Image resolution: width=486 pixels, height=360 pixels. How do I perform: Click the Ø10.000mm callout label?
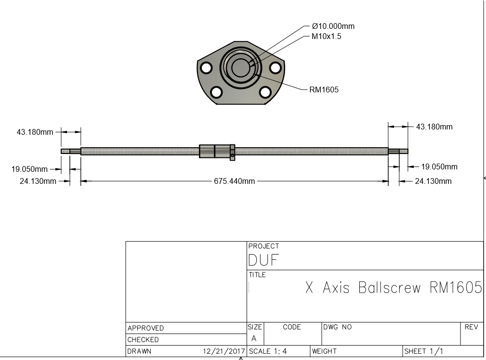point(333,26)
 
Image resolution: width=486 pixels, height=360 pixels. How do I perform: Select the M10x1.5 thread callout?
point(326,37)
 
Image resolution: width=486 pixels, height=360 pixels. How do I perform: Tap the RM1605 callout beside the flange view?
point(324,90)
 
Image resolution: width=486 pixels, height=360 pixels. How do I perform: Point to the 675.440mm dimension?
point(234,181)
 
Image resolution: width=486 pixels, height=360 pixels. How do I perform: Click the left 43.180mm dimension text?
point(35,132)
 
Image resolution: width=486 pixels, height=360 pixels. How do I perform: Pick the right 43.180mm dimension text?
point(434,127)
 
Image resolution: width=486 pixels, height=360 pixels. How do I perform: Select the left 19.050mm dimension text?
point(29,169)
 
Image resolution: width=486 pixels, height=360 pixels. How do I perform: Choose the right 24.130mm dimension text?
point(433,181)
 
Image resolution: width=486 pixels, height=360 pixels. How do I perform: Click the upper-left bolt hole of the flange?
point(206,68)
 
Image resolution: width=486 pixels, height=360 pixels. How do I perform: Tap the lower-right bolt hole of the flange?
point(265,91)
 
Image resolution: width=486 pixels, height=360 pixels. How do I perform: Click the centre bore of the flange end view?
point(239,67)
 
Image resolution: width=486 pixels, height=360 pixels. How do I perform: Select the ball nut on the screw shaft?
point(217,151)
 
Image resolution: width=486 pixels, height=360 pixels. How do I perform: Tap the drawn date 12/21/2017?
point(224,351)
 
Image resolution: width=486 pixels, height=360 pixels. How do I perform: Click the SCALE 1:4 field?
point(268,351)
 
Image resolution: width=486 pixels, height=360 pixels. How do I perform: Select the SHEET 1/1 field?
point(424,351)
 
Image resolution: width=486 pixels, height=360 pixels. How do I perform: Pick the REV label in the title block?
point(471,327)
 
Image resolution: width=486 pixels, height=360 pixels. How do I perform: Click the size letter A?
point(254,339)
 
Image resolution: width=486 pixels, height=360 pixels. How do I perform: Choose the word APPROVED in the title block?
point(145,328)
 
